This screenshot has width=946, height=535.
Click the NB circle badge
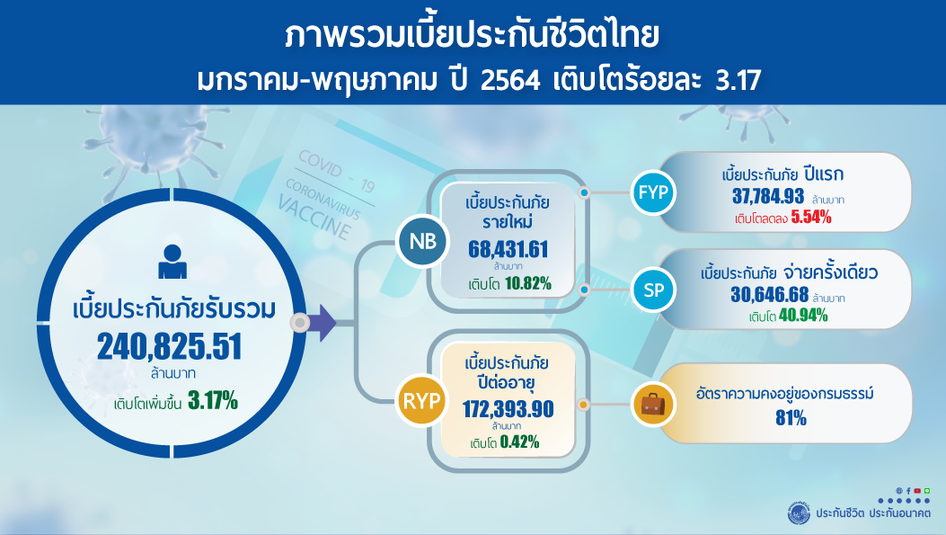pyautogui.click(x=423, y=242)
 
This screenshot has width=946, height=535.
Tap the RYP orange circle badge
pyautogui.click(x=421, y=400)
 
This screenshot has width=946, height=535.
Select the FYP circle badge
pyautogui.click(x=653, y=192)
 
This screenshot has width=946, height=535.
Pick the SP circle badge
pyautogui.click(x=653, y=290)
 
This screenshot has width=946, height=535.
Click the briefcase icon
pyautogui.click(x=653, y=405)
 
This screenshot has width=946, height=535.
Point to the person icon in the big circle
pyautogui.click(x=172, y=262)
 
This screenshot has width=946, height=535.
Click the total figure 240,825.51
pyautogui.click(x=169, y=347)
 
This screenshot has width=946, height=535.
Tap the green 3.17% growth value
pyautogui.click(x=213, y=400)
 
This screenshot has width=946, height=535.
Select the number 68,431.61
pyautogui.click(x=508, y=249)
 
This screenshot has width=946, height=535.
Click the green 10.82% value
pyautogui.click(x=528, y=283)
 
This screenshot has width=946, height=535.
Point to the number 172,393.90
pyautogui.click(x=508, y=409)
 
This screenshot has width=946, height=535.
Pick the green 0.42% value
pyautogui.click(x=519, y=442)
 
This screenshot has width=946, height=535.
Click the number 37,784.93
pyautogui.click(x=768, y=196)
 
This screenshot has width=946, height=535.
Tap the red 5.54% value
pyautogui.click(x=811, y=218)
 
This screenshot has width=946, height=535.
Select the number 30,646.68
pyautogui.click(x=769, y=295)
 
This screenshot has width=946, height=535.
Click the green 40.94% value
pyautogui.click(x=803, y=316)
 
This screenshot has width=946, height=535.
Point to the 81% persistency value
pyautogui.click(x=791, y=418)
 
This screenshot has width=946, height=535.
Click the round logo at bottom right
pyautogui.click(x=800, y=513)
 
